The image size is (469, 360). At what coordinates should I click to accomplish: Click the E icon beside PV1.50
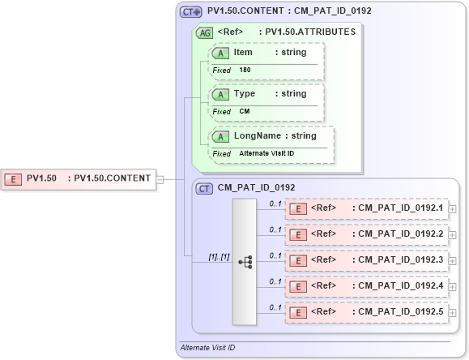(x=14, y=178)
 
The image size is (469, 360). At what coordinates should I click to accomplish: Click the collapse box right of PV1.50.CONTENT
(x=159, y=178)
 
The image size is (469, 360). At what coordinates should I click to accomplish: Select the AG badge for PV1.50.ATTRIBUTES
(x=206, y=33)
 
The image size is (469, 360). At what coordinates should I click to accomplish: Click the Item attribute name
(x=243, y=53)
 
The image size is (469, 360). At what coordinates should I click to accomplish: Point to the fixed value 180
(x=245, y=71)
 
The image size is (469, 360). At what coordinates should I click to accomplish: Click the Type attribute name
(x=244, y=94)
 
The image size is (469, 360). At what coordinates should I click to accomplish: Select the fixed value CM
(x=244, y=112)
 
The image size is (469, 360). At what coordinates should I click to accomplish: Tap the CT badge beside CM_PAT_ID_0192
(x=205, y=188)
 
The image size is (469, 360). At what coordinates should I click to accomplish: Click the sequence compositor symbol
(x=245, y=262)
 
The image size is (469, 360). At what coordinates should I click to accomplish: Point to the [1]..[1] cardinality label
(x=218, y=256)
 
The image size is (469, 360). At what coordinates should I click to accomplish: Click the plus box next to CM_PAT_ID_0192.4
(x=452, y=287)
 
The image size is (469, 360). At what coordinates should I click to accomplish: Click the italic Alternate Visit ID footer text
(x=207, y=348)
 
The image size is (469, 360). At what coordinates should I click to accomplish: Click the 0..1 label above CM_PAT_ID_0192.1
(x=275, y=204)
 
